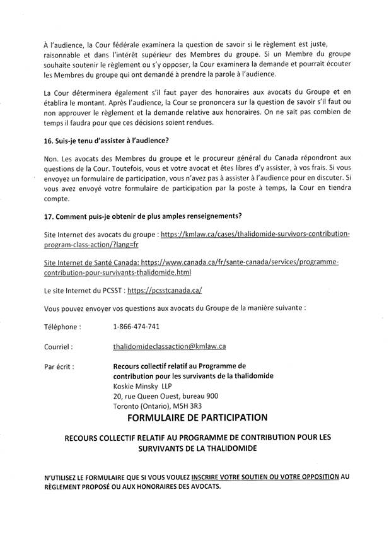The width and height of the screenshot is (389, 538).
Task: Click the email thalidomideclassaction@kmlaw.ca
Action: pos(169,346)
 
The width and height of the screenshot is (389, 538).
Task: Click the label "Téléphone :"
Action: pos(62,327)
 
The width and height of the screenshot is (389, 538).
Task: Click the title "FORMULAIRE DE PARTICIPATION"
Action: pos(197,418)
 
